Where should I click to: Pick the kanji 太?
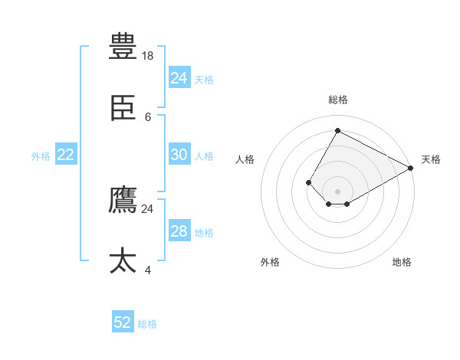pyautogui.click(x=123, y=261)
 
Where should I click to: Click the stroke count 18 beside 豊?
pyautogui.click(x=149, y=55)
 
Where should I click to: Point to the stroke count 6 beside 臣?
pyautogui.click(x=148, y=117)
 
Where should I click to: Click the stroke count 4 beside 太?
pyautogui.click(x=148, y=270)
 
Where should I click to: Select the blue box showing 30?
pyautogui.click(x=179, y=155)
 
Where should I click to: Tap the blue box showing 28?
pyautogui.click(x=179, y=231)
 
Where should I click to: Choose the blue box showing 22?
pyautogui.click(x=65, y=155)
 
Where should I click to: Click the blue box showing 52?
pyautogui.click(x=123, y=322)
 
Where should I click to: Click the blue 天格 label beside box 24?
pyautogui.click(x=204, y=79)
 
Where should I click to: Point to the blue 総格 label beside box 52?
pyautogui.click(x=147, y=324)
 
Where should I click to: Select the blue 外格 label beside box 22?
pyautogui.click(x=41, y=156)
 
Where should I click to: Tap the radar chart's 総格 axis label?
pyautogui.click(x=338, y=100)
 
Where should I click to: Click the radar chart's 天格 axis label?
pyautogui.click(x=431, y=159)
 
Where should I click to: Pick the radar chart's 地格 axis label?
pyautogui.click(x=402, y=262)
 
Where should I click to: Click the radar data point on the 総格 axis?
pyautogui.click(x=337, y=130)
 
